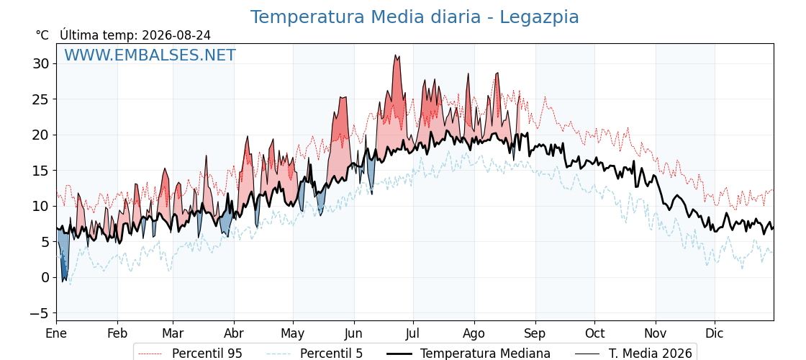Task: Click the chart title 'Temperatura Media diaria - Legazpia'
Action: (415, 17)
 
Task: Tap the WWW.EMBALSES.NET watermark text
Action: (150, 55)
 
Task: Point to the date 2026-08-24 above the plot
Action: (176, 35)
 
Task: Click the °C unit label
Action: (42, 35)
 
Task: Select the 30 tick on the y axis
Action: (41, 64)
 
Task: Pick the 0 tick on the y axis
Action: (45, 278)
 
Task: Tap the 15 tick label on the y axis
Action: (41, 171)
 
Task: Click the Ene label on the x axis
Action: (57, 333)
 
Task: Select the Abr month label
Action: (234, 333)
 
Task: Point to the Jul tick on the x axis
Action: (413, 333)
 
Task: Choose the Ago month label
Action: (474, 334)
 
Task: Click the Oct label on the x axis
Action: (594, 333)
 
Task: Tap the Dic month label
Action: (715, 333)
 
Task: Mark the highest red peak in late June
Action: (396, 55)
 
